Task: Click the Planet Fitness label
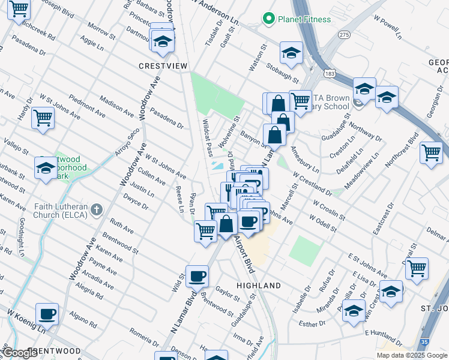click(x=304, y=19)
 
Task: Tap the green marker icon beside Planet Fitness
click(x=268, y=19)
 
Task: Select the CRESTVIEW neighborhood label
click(x=163, y=66)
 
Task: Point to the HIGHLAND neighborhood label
click(x=259, y=286)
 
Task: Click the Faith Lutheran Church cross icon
click(x=97, y=209)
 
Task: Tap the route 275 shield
click(x=344, y=35)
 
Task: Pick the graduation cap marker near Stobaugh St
click(x=291, y=53)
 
